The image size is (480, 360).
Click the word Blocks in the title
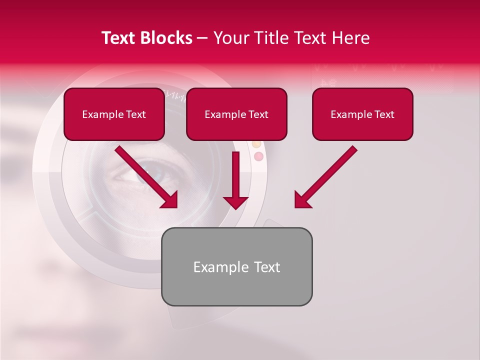point(166,38)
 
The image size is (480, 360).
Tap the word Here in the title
point(350,38)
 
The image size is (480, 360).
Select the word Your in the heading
point(231,38)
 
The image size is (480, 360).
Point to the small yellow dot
point(256,144)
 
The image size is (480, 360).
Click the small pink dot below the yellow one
point(258,156)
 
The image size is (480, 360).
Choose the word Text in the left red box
point(136,114)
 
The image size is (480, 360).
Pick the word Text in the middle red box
point(258,114)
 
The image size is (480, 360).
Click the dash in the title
point(202,38)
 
